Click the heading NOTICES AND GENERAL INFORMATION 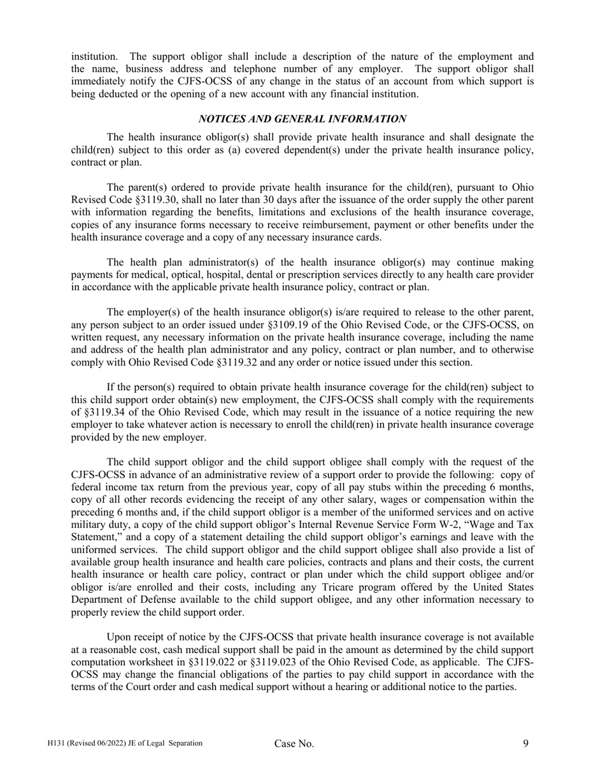[302, 119]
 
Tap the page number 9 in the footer [526, 743]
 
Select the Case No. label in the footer [294, 744]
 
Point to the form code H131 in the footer [55, 743]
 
